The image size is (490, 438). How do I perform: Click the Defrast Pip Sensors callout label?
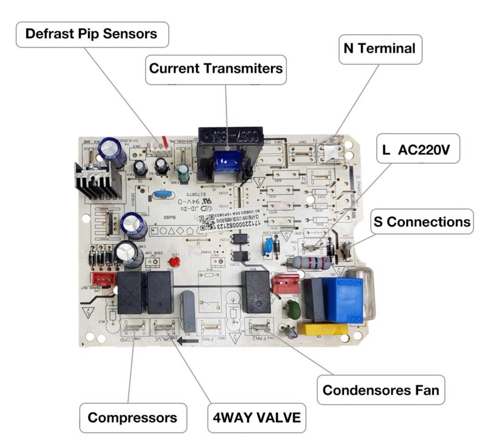pos(92,34)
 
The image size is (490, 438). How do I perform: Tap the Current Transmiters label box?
pos(216,69)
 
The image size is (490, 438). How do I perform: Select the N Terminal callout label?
pos(379,49)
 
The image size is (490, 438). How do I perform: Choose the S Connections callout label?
pos(421,222)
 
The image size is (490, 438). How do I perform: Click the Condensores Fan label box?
pos(381,389)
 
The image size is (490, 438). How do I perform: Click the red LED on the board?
pos(173,262)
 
